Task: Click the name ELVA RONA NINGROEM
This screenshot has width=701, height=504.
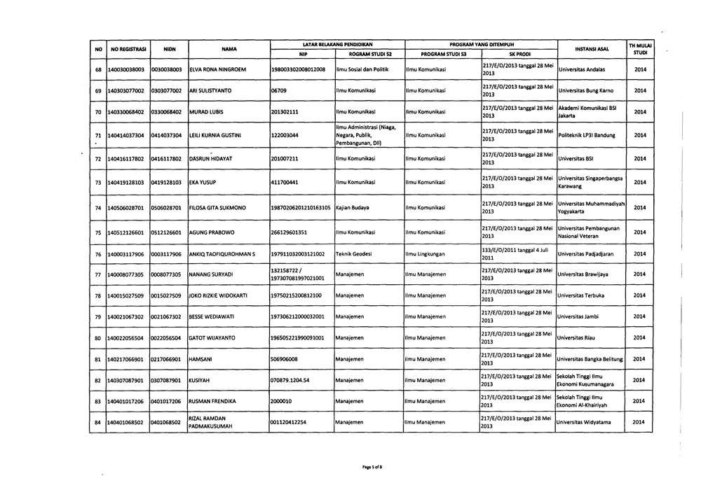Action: point(220,70)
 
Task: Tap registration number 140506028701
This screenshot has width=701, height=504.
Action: point(127,208)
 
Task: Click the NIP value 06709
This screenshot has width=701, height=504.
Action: point(280,91)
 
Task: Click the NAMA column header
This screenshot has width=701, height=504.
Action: point(227,50)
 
